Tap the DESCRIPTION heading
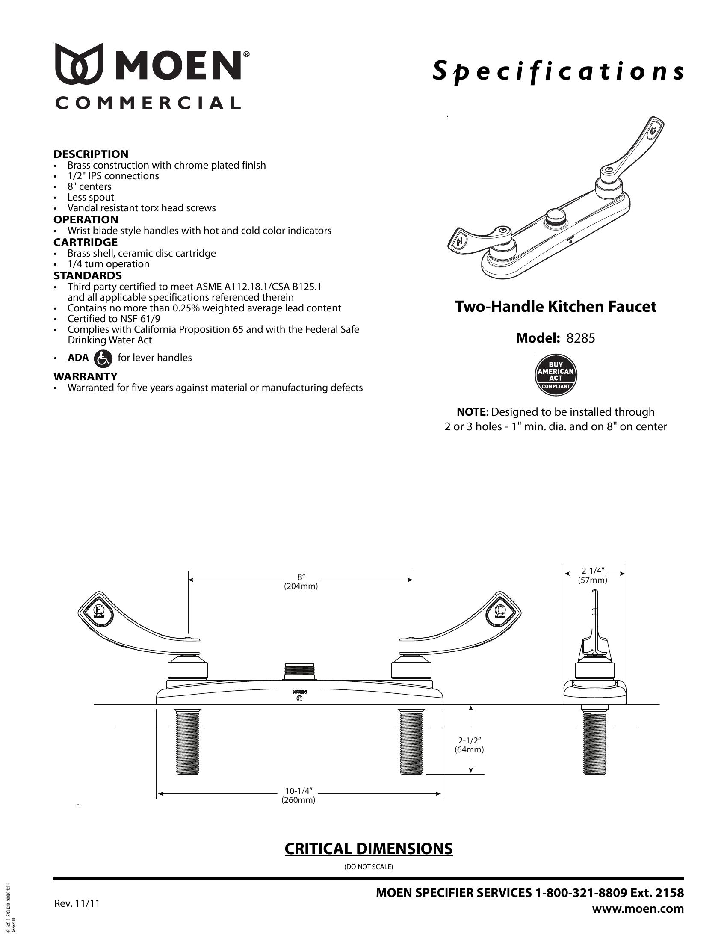(91, 154)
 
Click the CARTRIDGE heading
(85, 242)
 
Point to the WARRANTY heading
(85, 376)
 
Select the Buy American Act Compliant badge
(556, 375)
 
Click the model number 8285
(581, 338)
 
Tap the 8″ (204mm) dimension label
(301, 581)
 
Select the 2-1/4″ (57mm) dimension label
(593, 575)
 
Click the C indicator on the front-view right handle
(500, 610)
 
